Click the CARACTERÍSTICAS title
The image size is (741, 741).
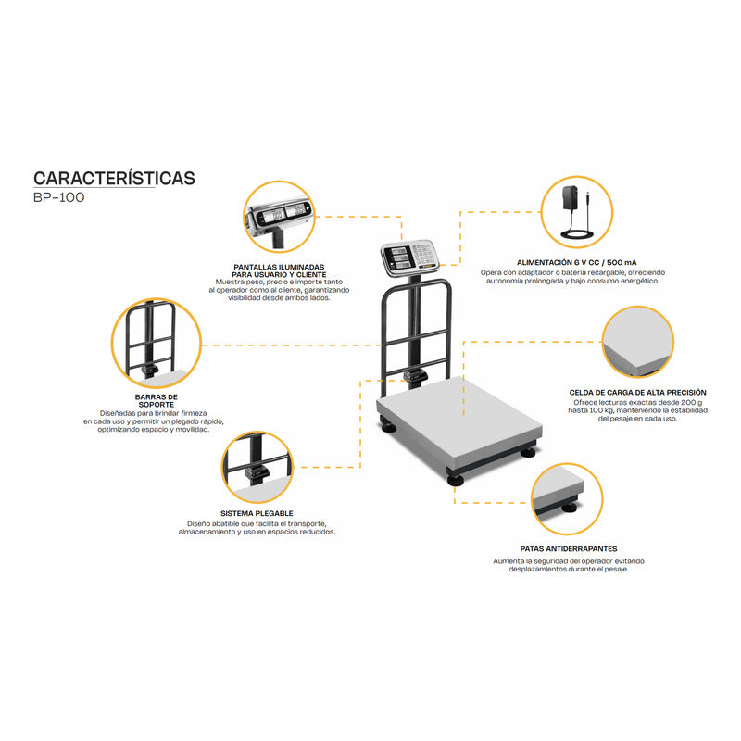click(114, 178)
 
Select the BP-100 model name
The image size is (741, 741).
click(58, 198)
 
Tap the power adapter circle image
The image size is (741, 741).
click(574, 213)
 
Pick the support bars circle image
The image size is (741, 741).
click(156, 343)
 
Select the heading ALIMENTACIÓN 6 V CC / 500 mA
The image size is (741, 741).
click(569, 263)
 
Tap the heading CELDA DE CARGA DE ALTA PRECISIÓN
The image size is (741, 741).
click(638, 393)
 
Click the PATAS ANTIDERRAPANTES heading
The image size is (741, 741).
click(569, 549)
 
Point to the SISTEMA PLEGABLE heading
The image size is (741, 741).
click(257, 512)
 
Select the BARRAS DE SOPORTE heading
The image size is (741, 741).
click(156, 400)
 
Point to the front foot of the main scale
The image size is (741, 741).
click(457, 478)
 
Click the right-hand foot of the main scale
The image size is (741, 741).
click(528, 452)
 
